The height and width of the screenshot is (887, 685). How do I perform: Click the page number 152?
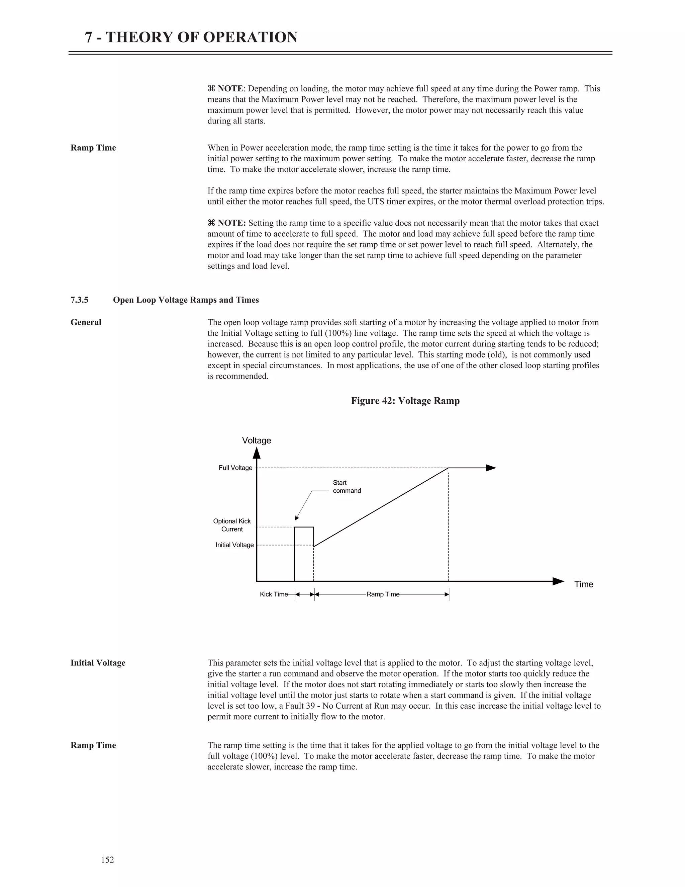point(108,859)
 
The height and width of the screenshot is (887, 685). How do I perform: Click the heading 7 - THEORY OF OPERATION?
point(191,37)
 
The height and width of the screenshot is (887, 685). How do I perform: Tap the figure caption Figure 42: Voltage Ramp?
point(405,401)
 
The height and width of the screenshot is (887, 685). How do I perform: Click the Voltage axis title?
point(257,441)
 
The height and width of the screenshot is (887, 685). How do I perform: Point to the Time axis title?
point(584,584)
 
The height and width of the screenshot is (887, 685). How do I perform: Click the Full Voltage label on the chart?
point(235,468)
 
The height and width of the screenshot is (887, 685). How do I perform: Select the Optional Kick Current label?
point(232,525)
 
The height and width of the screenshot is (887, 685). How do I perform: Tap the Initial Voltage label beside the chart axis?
point(234,545)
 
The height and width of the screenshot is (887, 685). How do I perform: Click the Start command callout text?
point(347,487)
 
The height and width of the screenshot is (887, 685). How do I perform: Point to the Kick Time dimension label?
point(274,594)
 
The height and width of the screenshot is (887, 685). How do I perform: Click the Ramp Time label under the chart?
point(383,594)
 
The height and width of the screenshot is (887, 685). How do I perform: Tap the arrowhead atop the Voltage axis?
point(257,453)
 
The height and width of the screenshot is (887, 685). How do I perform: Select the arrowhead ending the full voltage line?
point(491,468)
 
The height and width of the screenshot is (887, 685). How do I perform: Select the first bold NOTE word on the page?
point(230,89)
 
